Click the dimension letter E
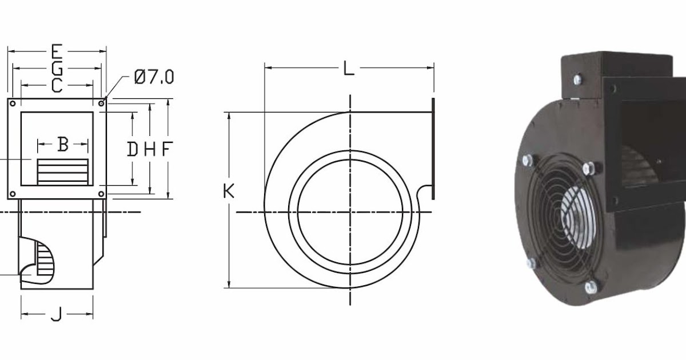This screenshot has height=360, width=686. click(56, 51)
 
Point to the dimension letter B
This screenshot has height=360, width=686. click(63, 145)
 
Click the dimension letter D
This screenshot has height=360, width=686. click(132, 150)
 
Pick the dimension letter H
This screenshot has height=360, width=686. click(149, 150)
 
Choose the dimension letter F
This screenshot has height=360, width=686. click(166, 150)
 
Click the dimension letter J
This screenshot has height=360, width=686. click(56, 314)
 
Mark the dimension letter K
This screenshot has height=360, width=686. click(229, 191)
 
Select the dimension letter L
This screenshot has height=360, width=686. click(349, 69)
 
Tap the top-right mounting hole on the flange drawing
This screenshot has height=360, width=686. click(101, 103)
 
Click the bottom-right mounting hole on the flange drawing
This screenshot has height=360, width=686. click(101, 194)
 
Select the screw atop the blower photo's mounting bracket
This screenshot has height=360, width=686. click(577, 79)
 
